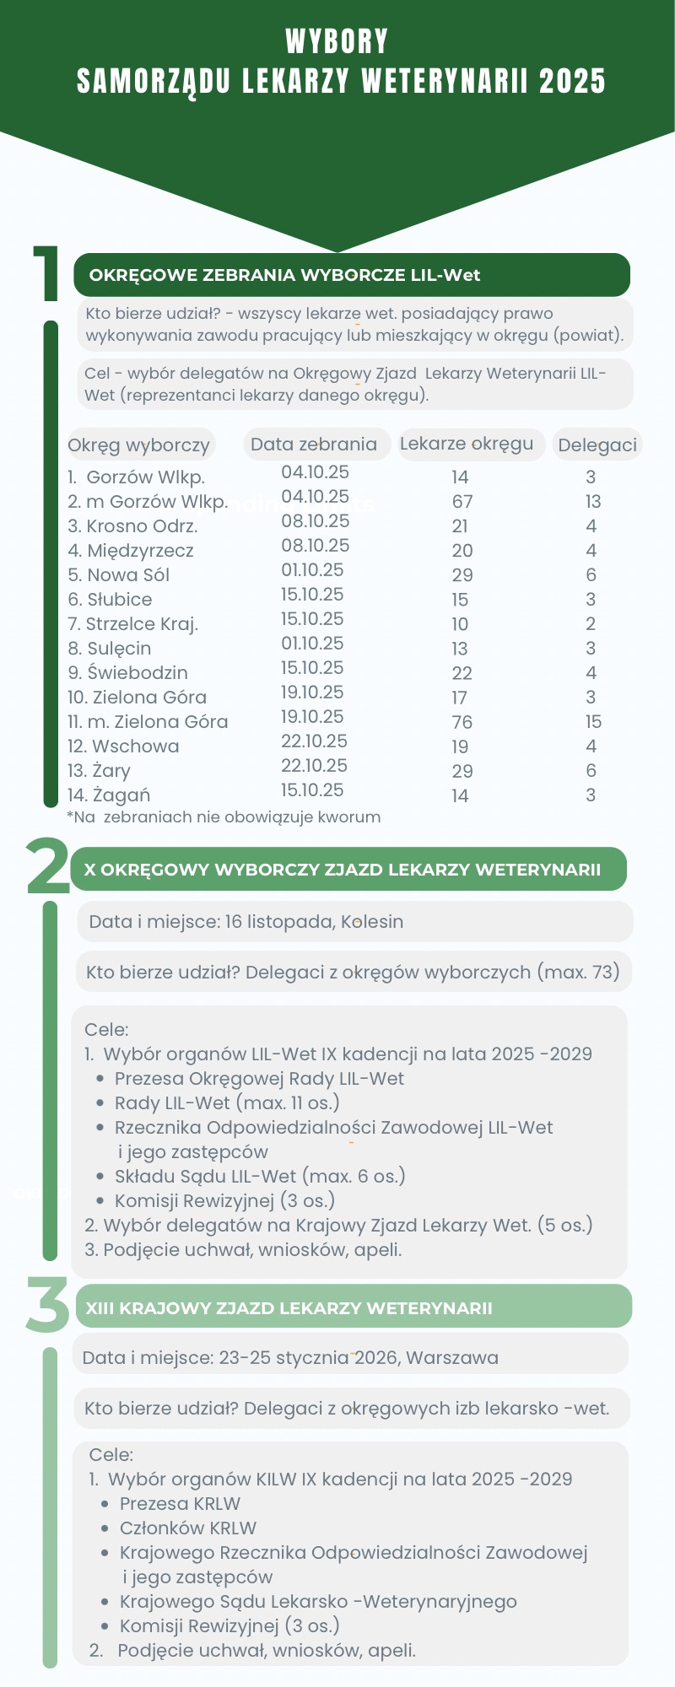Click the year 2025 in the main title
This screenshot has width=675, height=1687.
pyautogui.click(x=572, y=82)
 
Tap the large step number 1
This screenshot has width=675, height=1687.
pyautogui.click(x=47, y=273)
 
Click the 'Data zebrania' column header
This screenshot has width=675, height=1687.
pyautogui.click(x=314, y=445)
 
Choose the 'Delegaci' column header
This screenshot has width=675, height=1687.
pyautogui.click(x=597, y=445)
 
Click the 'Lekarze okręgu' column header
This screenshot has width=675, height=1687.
pyautogui.click(x=467, y=444)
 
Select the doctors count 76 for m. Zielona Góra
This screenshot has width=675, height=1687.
pyautogui.click(x=462, y=722)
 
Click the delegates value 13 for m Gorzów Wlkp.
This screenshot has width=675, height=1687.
pyautogui.click(x=593, y=502)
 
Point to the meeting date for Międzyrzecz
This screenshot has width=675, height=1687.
pyautogui.click(x=315, y=546)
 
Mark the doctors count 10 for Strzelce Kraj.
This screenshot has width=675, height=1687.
pyautogui.click(x=460, y=624)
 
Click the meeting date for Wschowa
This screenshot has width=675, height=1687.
pyautogui.click(x=314, y=741)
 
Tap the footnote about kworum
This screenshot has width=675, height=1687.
pyautogui.click(x=224, y=817)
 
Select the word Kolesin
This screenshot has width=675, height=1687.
pyautogui.click(x=371, y=922)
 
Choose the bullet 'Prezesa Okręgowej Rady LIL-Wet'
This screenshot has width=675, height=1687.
pyautogui.click(x=259, y=1079)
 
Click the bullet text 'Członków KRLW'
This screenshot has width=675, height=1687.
pyautogui.click(x=188, y=1528)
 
